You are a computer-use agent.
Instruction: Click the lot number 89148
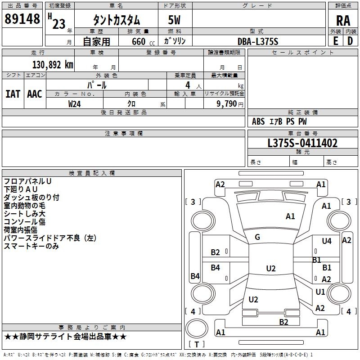(22, 19)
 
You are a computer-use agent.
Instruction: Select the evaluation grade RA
(342, 20)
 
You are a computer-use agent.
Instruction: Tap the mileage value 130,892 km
(53, 65)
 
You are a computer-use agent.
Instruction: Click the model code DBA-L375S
(258, 41)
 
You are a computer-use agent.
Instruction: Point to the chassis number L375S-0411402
(302, 144)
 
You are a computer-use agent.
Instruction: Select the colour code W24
(75, 103)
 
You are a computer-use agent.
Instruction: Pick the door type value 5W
(175, 20)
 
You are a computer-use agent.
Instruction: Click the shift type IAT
(13, 94)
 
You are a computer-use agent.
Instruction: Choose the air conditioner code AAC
(35, 94)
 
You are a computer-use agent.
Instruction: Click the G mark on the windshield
(257, 237)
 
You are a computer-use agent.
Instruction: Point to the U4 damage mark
(327, 241)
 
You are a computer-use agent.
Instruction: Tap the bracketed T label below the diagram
(197, 344)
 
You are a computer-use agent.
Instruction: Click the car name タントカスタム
(117, 20)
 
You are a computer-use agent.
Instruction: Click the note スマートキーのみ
(31, 246)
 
